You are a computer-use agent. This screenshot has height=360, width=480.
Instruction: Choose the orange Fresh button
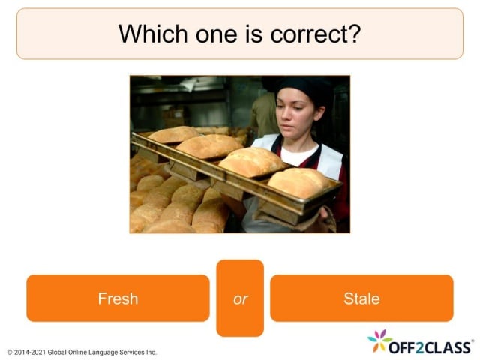tap(118, 298)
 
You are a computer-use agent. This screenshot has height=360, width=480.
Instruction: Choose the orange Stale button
tap(361, 298)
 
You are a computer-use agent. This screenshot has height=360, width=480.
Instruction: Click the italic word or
tap(240, 298)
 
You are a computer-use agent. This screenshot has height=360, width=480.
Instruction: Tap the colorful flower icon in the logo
tap(379, 340)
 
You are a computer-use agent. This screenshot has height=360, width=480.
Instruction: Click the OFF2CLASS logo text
tap(432, 346)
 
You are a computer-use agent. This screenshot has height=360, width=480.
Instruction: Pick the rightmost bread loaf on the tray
tap(299, 181)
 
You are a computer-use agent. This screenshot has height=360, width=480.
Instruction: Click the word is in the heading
tap(244, 34)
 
